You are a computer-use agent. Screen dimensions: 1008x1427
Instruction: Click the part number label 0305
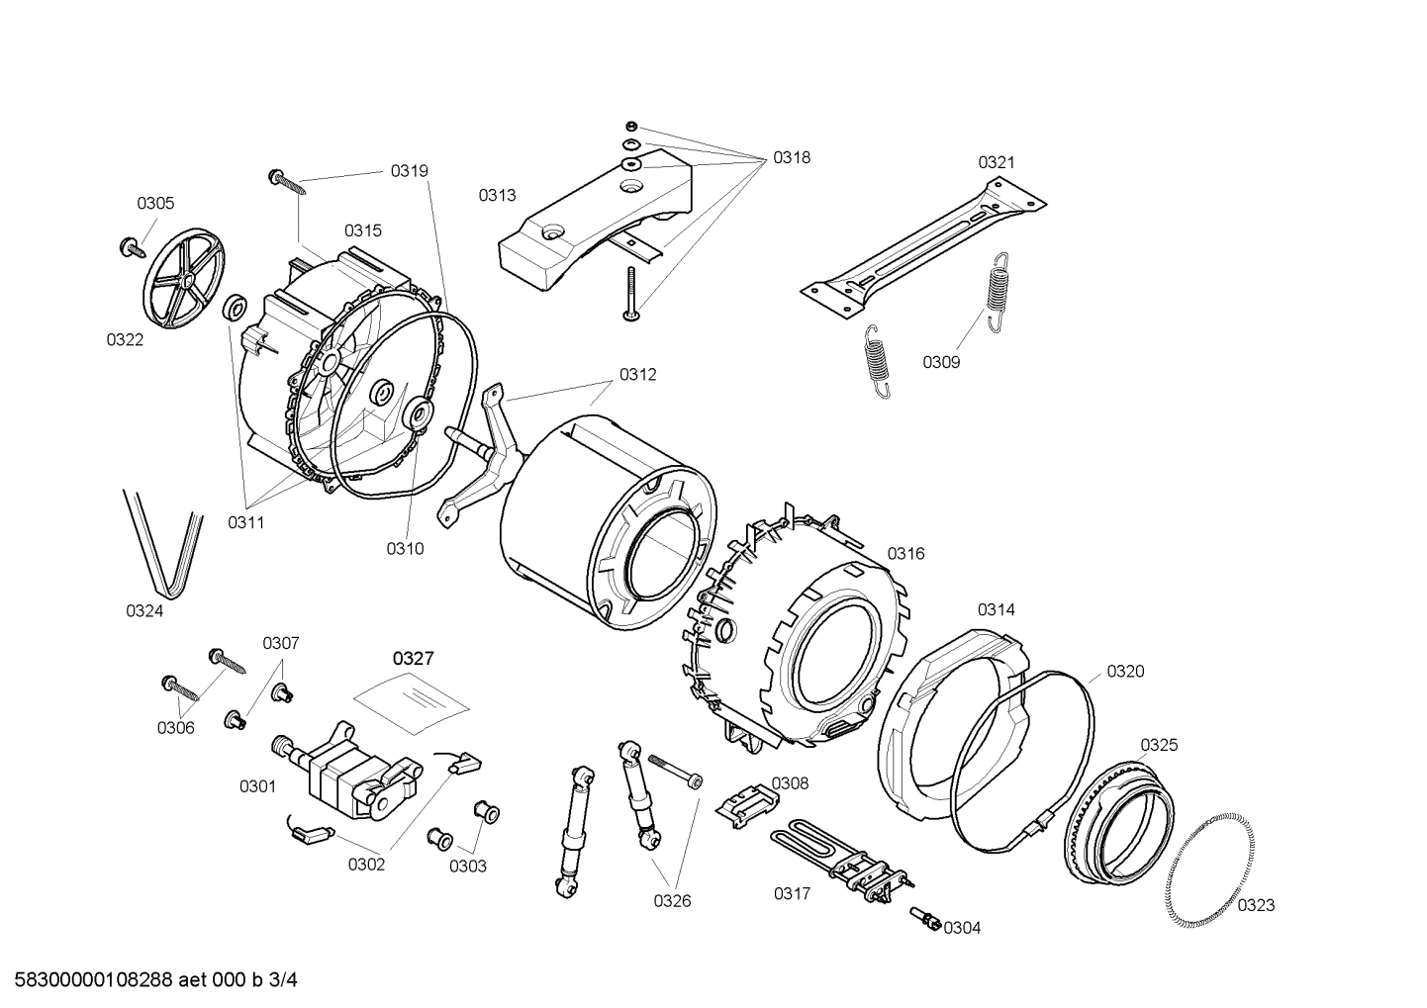(x=155, y=204)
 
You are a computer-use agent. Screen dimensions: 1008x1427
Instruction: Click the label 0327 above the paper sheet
(x=413, y=658)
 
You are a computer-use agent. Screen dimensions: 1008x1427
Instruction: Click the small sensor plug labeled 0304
(x=927, y=920)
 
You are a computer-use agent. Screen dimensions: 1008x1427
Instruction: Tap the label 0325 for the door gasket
(x=1159, y=745)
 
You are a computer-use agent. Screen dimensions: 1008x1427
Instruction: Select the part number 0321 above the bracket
(x=997, y=162)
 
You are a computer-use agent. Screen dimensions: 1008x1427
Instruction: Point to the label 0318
(x=792, y=157)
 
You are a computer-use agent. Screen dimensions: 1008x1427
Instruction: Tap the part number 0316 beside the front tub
(x=905, y=553)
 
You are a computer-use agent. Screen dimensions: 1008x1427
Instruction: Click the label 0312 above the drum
(x=638, y=375)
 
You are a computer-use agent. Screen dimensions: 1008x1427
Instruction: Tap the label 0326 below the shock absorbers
(x=672, y=900)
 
